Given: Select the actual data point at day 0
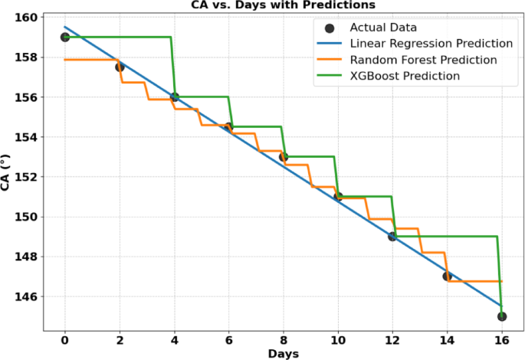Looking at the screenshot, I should tap(65, 37).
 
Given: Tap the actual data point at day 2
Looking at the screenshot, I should tap(120, 67).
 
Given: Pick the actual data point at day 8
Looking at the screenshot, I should tap(284, 157).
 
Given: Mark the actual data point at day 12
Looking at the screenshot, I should tap(392, 237).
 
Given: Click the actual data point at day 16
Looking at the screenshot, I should tap(501, 316).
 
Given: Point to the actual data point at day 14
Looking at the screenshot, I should tap(447, 277).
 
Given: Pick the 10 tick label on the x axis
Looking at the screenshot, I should tap(338, 338).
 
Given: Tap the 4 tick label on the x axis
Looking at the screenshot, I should tap(175, 338).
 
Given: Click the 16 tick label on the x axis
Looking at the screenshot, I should tap(501, 338).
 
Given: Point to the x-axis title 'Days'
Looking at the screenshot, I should tap(283, 353).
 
